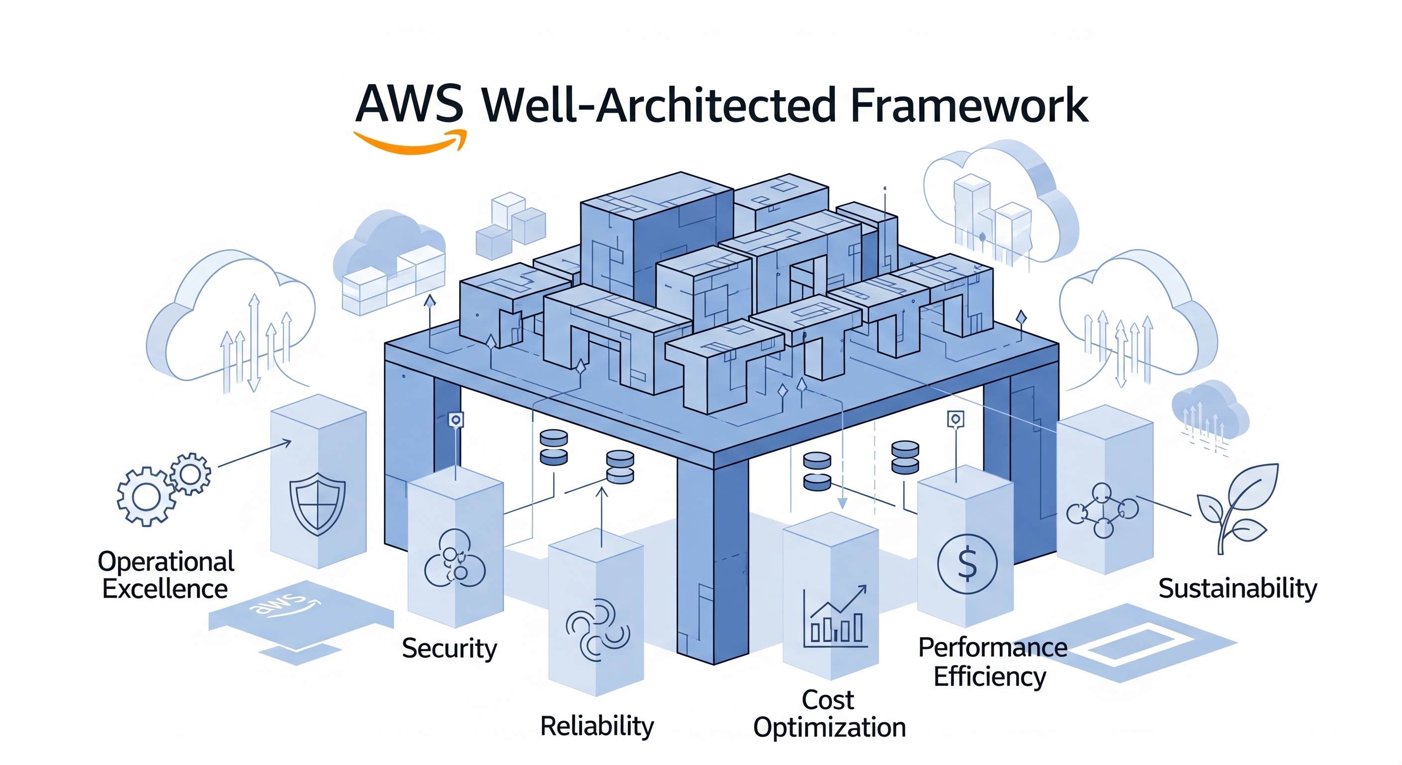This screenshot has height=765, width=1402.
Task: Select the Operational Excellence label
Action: point(165,575)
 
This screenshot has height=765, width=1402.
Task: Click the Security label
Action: point(449,648)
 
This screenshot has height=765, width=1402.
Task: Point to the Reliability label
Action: point(596,726)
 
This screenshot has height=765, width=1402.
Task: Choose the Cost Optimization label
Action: point(829,714)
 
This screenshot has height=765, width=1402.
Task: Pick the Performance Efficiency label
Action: point(992,662)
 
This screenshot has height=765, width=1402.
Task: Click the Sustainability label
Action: point(1237,589)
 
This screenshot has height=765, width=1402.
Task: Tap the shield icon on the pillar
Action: point(317,504)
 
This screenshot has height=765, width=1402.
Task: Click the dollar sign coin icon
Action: point(967,564)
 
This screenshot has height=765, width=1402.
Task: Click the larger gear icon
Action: point(146,496)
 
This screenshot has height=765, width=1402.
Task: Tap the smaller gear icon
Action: point(190,474)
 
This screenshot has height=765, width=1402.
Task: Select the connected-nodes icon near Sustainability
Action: point(1102,510)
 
